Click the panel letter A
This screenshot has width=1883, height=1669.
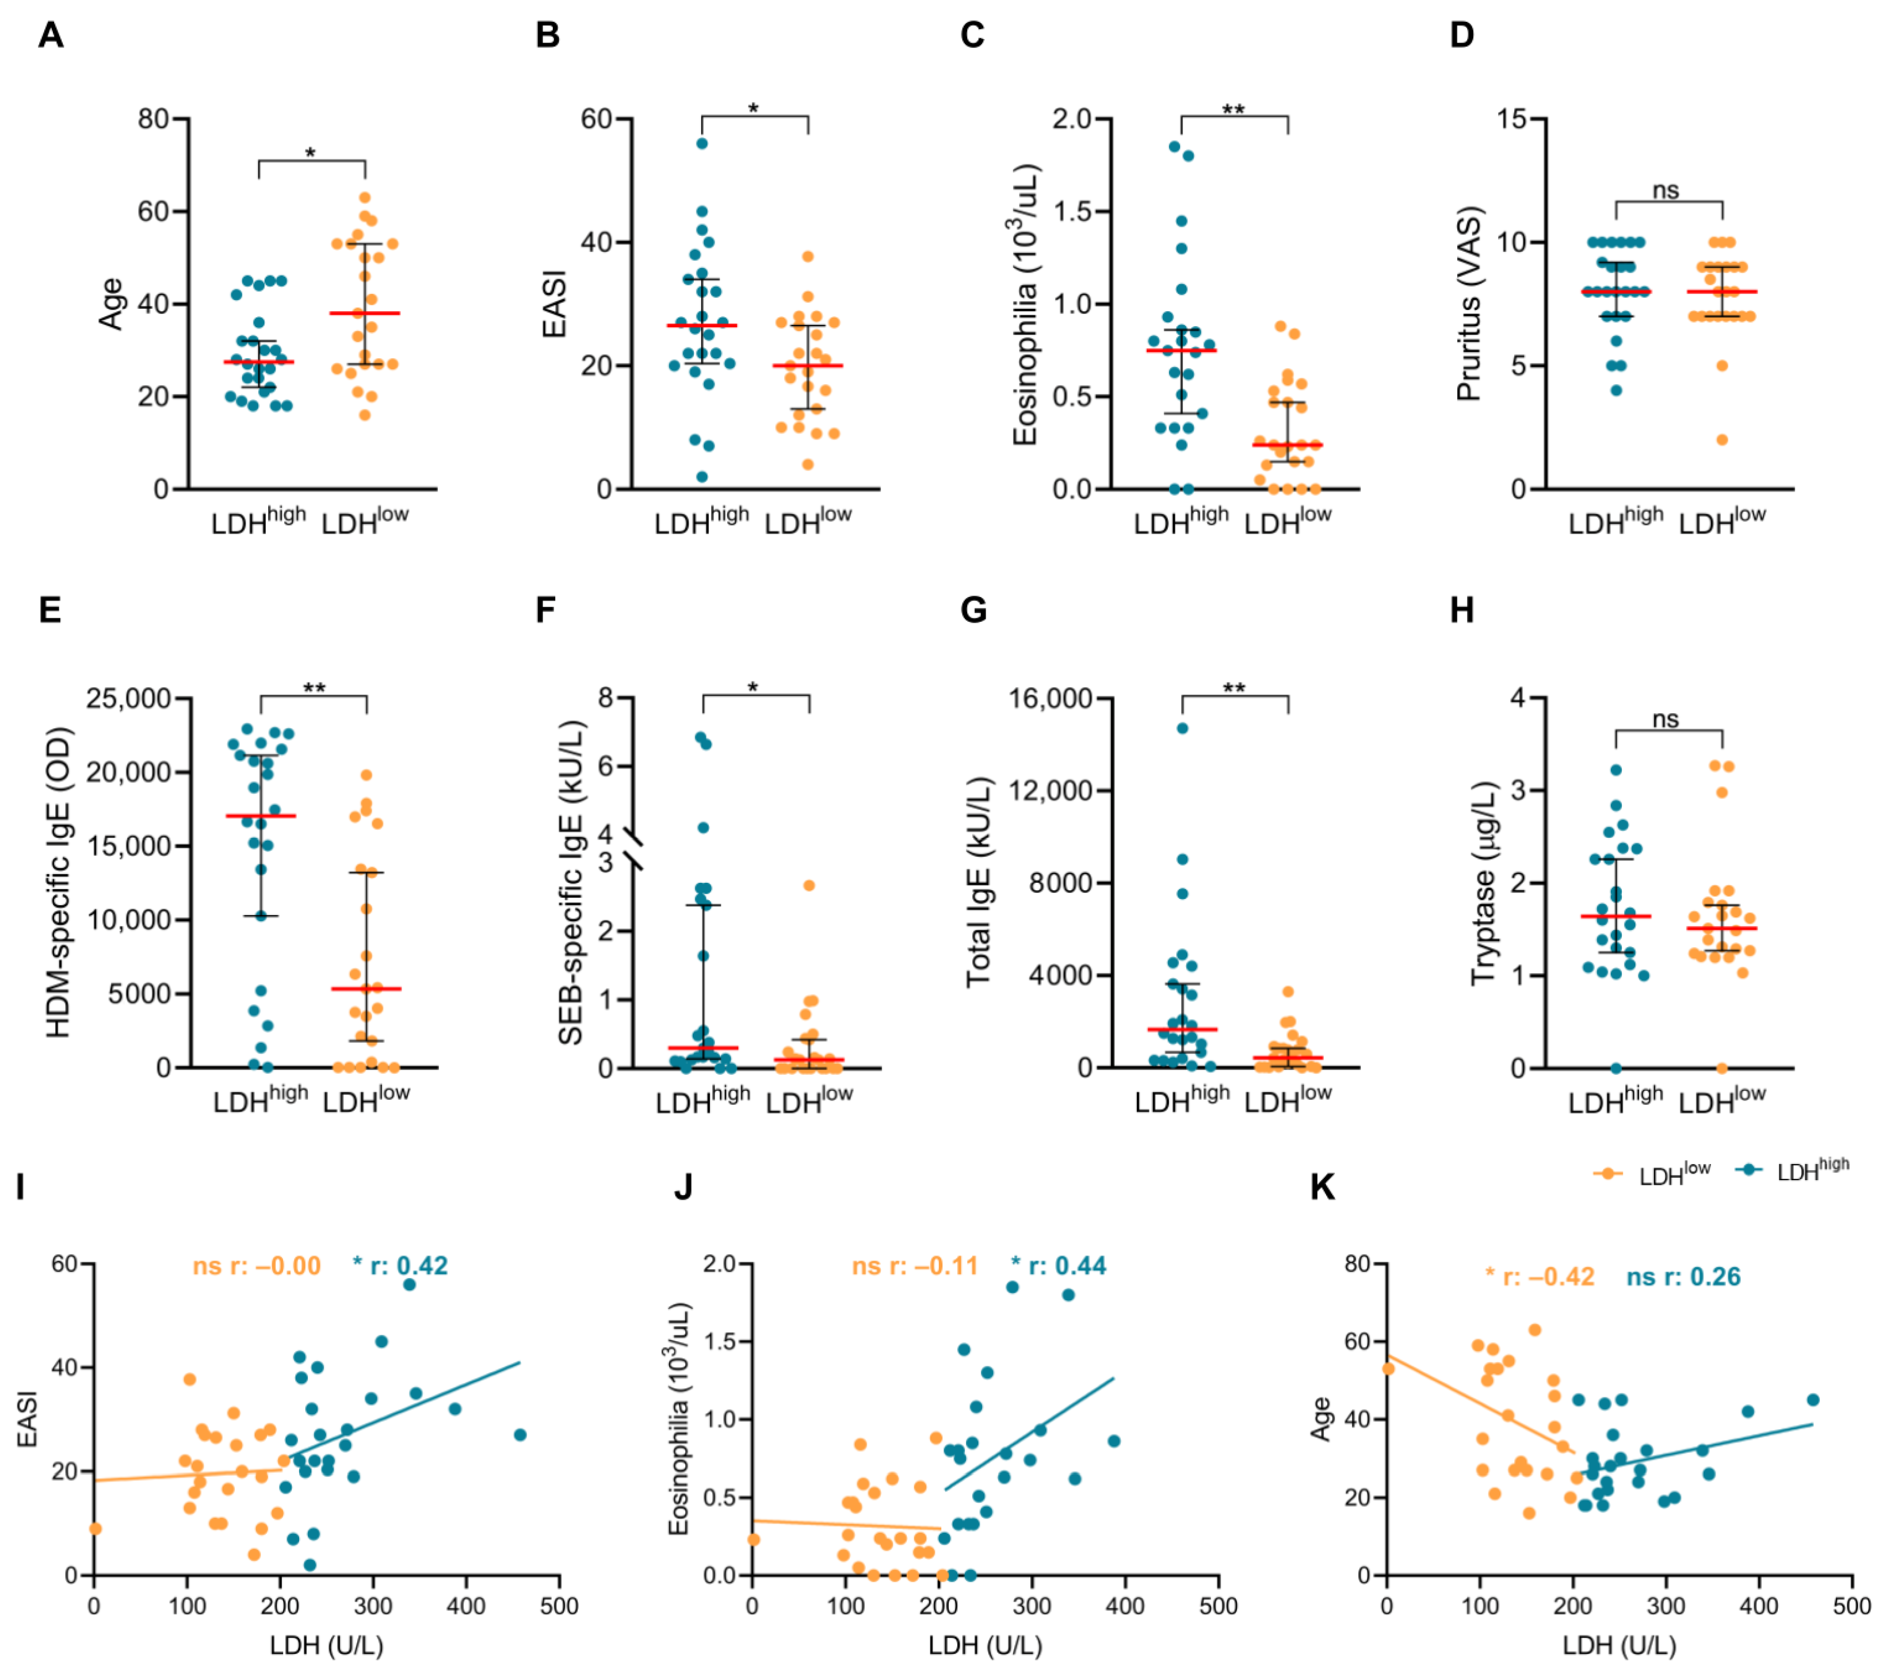51,35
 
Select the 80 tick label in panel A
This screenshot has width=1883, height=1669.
153,119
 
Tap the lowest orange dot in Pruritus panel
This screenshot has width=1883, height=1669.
1722,439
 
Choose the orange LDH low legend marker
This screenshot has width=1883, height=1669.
1607,1173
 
